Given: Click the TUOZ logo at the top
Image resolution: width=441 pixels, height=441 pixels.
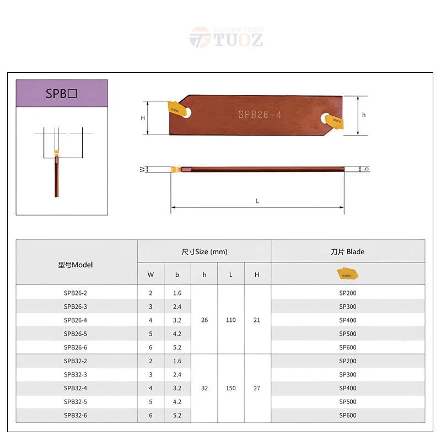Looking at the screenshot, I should (x=226, y=37).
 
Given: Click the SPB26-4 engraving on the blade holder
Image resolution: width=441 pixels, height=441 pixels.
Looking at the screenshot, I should (x=260, y=115).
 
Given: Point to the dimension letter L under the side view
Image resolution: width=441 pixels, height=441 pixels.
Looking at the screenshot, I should (x=257, y=201).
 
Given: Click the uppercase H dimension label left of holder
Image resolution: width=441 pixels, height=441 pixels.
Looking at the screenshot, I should (x=143, y=118).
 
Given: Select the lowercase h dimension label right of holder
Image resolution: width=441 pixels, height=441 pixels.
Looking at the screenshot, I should (x=364, y=115).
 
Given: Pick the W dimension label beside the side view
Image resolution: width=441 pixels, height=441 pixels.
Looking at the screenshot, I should (x=142, y=169).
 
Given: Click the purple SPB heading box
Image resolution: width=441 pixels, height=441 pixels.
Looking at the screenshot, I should (x=62, y=93).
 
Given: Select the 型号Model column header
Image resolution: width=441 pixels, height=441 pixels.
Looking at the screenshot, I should (x=76, y=265).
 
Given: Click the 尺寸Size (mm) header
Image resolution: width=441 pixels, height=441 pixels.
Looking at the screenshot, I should (x=204, y=251).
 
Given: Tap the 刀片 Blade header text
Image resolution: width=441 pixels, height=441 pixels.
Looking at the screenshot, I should (x=347, y=251).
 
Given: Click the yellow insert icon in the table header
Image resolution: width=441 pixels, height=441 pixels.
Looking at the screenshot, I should (x=347, y=273).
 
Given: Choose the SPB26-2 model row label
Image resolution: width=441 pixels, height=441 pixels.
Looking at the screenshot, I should (x=76, y=293).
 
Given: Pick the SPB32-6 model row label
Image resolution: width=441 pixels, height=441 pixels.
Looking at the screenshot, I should (x=76, y=415).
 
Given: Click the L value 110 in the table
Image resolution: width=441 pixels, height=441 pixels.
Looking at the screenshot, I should (x=230, y=320).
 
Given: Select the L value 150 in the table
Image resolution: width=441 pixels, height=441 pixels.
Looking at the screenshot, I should (x=230, y=388).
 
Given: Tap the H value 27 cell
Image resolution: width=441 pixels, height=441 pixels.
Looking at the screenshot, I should (x=256, y=388).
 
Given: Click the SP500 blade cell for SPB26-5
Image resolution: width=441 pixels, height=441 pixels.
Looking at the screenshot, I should (x=347, y=334).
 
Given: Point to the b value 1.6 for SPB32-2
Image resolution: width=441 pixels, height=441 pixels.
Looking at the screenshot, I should (x=177, y=361).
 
